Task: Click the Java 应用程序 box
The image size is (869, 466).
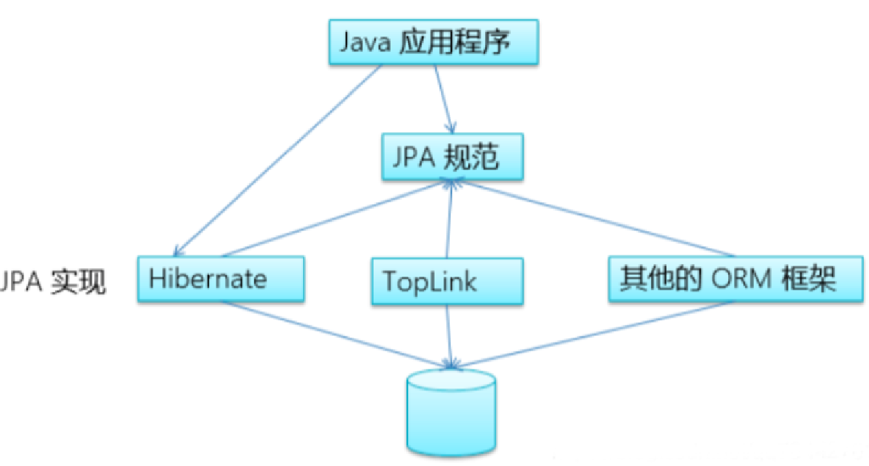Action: (433, 42)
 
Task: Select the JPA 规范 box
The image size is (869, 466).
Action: (452, 157)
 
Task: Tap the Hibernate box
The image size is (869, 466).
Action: (221, 279)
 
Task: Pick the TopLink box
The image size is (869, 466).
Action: (447, 282)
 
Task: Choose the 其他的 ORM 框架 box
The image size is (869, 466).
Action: (735, 279)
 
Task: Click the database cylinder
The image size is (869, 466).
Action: (451, 413)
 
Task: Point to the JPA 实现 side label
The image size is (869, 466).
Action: (53, 281)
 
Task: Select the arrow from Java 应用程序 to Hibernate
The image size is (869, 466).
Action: (277, 161)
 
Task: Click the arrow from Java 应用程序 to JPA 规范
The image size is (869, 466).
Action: (445, 99)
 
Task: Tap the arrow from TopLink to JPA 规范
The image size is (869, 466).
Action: (449, 219)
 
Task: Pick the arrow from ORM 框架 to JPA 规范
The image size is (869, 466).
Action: (593, 218)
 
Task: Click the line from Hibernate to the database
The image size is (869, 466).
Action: (336, 335)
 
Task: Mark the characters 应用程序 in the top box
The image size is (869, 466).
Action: (454, 42)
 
